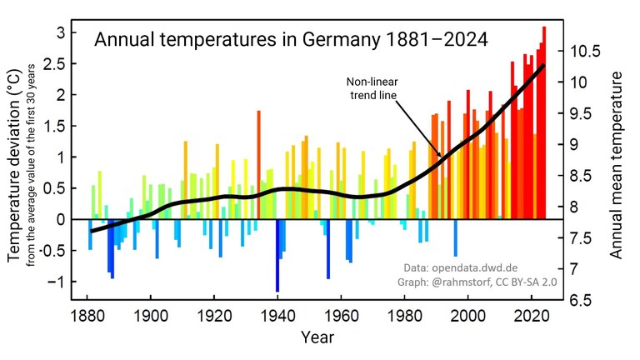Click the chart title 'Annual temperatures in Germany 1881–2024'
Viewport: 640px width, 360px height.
(x=291, y=39)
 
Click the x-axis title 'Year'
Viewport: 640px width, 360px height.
(x=317, y=337)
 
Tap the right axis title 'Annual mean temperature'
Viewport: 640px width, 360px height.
(x=617, y=164)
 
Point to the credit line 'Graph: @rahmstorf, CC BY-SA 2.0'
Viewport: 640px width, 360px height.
(x=472, y=283)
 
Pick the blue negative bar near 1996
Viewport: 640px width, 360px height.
(x=455, y=237)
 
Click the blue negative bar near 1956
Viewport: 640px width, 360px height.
(x=328, y=248)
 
